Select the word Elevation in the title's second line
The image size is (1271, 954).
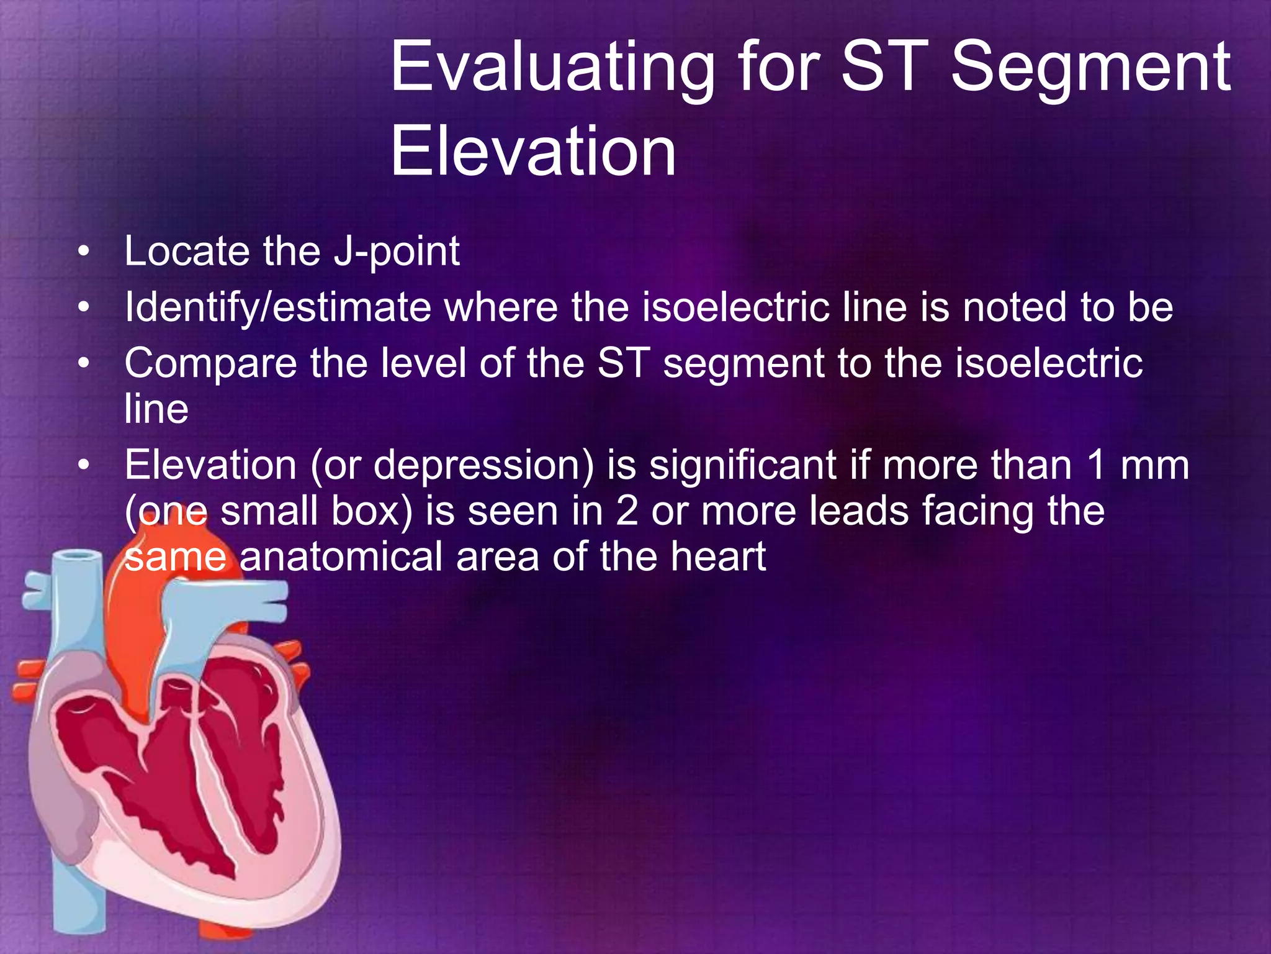tap(533, 152)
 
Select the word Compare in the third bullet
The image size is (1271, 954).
tap(210, 363)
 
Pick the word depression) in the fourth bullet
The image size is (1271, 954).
tap(484, 465)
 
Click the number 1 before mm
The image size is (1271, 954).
tap(1097, 465)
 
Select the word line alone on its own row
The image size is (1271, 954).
tap(156, 409)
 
